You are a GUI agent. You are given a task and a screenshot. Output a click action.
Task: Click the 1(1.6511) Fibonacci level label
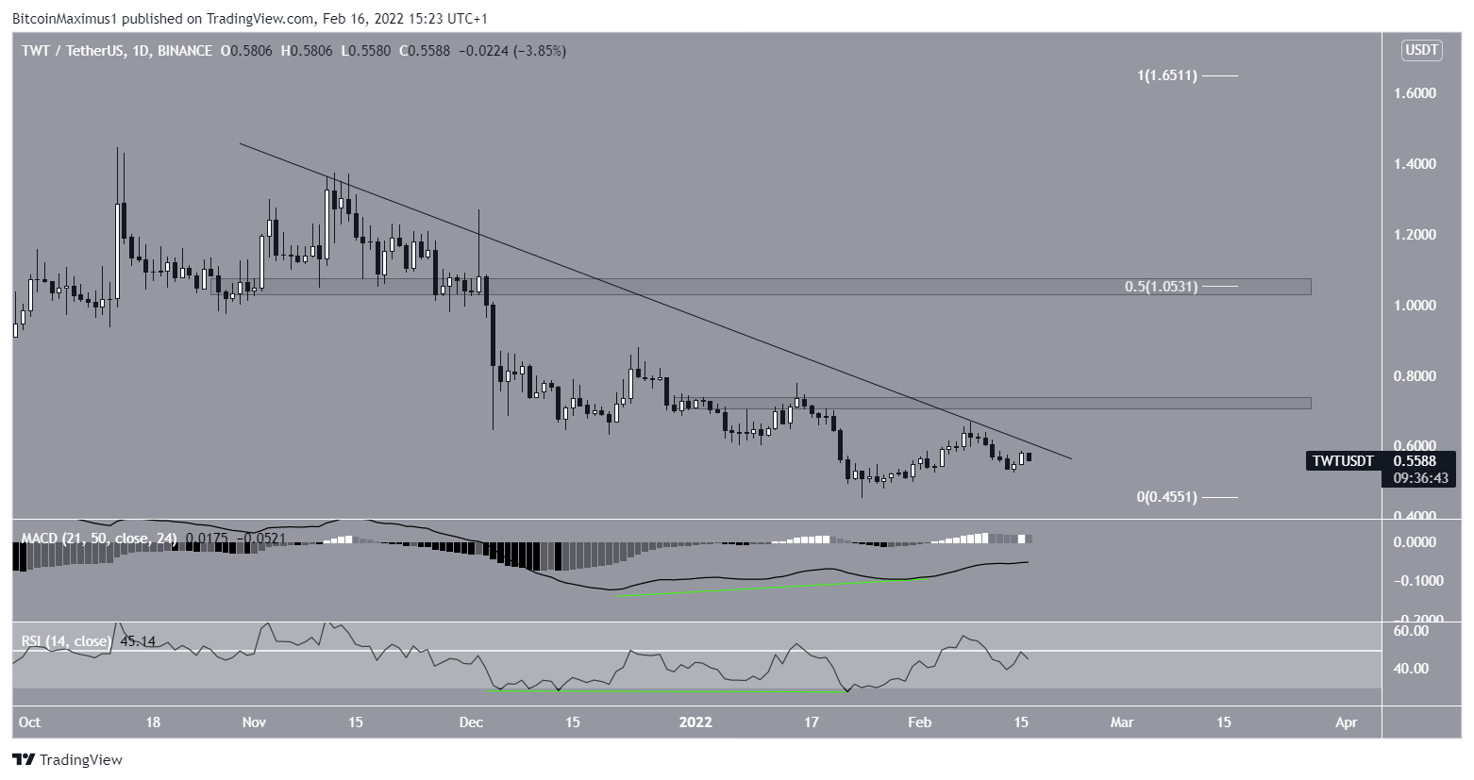point(1166,75)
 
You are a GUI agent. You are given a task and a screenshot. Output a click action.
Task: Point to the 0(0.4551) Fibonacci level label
point(1166,497)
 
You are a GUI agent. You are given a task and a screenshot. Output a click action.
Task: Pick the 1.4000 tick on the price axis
point(1416,164)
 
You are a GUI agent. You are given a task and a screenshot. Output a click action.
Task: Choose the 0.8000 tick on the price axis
point(1416,376)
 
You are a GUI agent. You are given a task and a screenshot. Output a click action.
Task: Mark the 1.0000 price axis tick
point(1416,306)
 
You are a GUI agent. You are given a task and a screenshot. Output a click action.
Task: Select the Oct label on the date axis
point(29,722)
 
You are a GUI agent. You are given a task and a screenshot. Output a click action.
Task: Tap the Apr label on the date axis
point(1347,722)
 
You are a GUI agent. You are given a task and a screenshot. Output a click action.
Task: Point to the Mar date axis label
point(1121,722)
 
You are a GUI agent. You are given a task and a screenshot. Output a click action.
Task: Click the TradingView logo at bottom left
point(67,759)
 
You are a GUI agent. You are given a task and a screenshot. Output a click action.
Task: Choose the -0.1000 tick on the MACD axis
point(1414,580)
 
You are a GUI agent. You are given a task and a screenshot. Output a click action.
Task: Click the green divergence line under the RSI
point(661,691)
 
